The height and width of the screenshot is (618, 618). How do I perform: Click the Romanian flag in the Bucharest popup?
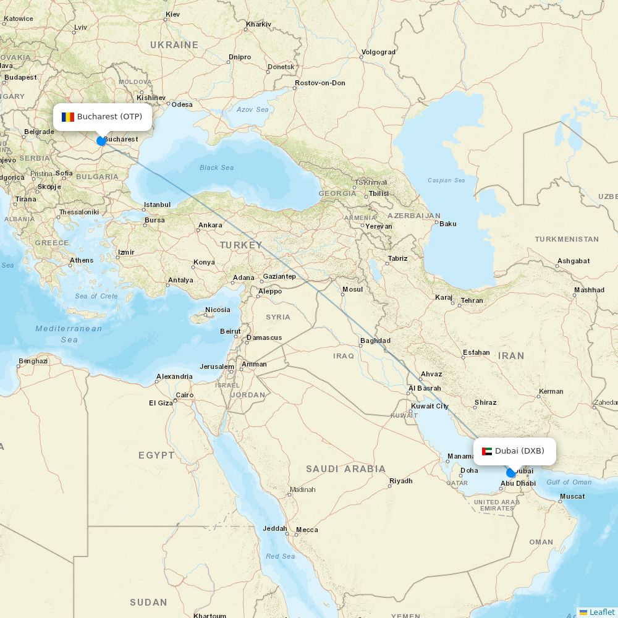(68, 117)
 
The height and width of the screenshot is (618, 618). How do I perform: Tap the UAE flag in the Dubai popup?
(486, 451)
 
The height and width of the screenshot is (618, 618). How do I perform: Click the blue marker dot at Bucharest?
(101, 141)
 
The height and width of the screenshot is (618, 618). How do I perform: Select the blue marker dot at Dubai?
(511, 473)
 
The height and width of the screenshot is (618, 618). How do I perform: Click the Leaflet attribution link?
(601, 612)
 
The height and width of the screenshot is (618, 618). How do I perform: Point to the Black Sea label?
(216, 167)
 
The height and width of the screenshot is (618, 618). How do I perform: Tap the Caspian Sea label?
(446, 180)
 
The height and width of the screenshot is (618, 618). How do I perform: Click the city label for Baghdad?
(375, 341)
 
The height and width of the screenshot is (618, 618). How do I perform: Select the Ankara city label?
(210, 225)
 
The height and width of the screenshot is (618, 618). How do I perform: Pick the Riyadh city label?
(400, 481)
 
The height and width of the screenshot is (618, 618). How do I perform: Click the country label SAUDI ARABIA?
(345, 469)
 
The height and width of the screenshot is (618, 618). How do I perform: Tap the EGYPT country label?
(156, 455)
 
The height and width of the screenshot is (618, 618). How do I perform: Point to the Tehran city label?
(472, 300)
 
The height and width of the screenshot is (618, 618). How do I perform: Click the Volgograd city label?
(378, 52)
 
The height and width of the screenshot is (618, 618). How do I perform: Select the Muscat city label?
(572, 496)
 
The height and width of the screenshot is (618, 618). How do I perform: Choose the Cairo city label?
(185, 395)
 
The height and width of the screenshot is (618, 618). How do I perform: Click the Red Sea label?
(280, 556)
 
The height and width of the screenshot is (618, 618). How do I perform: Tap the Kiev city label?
(172, 14)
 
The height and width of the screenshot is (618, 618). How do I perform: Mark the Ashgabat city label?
(574, 261)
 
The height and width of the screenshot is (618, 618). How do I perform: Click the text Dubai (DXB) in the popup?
(519, 451)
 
